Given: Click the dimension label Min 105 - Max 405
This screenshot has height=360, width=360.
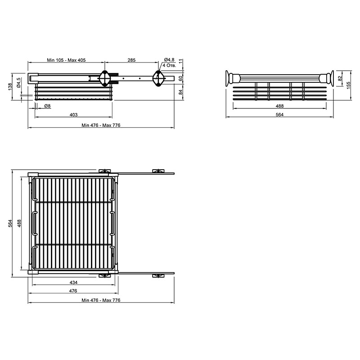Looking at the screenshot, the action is (66, 60).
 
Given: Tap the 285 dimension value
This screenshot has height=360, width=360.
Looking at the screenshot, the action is (131, 60).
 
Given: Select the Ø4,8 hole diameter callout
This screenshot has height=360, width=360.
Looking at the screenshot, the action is (169, 60).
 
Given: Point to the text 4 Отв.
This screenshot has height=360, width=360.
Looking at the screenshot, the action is (169, 65).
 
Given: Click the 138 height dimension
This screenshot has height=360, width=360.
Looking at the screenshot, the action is (10, 87).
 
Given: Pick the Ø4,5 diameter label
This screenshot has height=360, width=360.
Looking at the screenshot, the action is (18, 83).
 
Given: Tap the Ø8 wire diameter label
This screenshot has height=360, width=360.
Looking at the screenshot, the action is (47, 106).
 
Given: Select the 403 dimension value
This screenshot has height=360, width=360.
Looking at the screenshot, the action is (73, 115).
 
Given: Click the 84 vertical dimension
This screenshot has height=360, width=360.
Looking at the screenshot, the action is (181, 92).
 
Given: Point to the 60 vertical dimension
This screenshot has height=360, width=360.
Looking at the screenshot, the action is (181, 78).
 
